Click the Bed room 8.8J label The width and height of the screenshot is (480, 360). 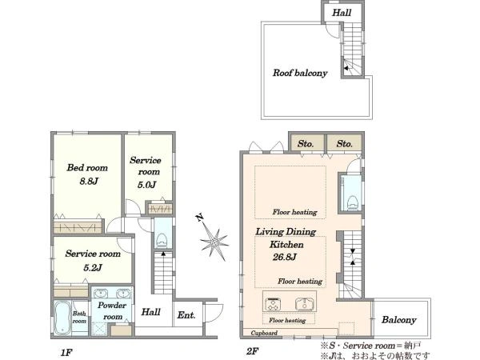(x=87, y=174)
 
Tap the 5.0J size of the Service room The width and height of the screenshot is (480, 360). (x=147, y=185)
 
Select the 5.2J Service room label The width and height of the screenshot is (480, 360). (x=93, y=260)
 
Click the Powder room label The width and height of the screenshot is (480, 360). (x=112, y=310)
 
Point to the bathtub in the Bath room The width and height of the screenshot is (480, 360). (x=62, y=318)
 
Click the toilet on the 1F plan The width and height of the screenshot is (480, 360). (x=162, y=241)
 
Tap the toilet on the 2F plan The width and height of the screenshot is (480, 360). (x=353, y=202)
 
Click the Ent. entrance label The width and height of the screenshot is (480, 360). (x=186, y=314)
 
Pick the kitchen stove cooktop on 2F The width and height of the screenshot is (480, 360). (x=273, y=304)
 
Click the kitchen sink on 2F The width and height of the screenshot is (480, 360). (x=306, y=304)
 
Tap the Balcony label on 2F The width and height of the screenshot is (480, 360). (x=399, y=320)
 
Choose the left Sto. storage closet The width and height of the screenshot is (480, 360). (x=306, y=143)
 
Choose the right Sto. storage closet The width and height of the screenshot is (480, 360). (x=345, y=143)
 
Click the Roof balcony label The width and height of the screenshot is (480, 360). (x=300, y=73)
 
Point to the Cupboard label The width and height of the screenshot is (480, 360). (x=264, y=333)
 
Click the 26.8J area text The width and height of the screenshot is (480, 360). (x=285, y=257)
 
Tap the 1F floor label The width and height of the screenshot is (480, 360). (x=66, y=352)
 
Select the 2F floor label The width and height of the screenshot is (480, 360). (x=253, y=351)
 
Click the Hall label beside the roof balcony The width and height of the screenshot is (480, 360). (x=342, y=13)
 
